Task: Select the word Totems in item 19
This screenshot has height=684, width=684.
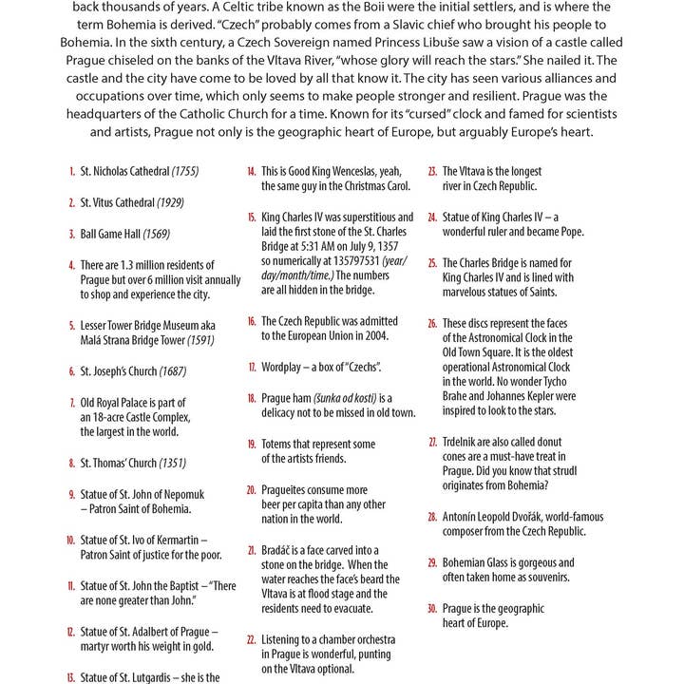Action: (x=279, y=444)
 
